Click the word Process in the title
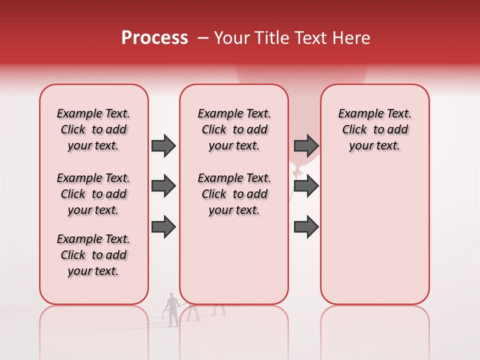[154, 37]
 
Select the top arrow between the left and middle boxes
[163, 145]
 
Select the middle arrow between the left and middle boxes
[163, 186]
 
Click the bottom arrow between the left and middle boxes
[163, 226]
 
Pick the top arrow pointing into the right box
[306, 145]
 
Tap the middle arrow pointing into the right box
[306, 186]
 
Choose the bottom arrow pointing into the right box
[306, 226]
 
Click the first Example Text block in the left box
[93, 129]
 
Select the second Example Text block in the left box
[93, 194]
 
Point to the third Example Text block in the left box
[93, 255]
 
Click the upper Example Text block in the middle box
[234, 129]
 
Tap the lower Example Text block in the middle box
[234, 194]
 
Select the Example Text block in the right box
[374, 129]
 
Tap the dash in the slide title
[203, 37]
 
